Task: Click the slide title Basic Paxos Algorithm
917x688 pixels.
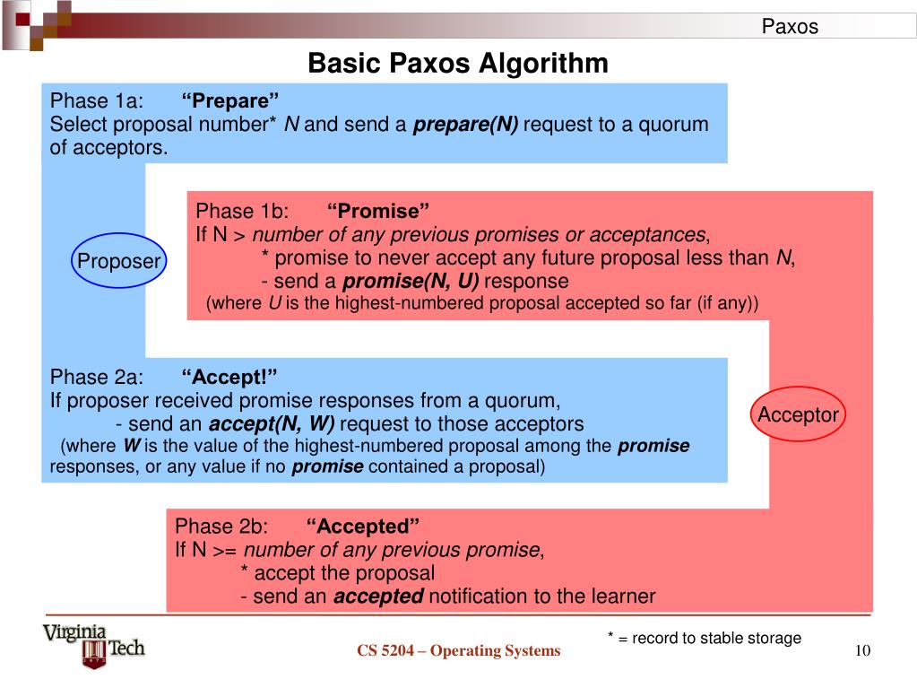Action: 458,64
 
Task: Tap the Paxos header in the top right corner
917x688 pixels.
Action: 790,27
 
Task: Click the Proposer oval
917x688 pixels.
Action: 118,261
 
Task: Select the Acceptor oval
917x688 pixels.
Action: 798,414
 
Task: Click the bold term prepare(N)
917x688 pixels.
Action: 465,124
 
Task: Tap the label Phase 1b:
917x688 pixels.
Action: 242,212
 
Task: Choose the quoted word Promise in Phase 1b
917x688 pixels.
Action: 378,212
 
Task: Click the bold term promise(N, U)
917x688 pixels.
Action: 420,282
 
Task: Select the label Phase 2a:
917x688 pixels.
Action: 97,376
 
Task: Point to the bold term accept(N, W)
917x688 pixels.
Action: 272,423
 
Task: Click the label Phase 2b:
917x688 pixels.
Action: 221,526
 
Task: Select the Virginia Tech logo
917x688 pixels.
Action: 93,646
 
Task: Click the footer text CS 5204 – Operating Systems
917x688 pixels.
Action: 458,651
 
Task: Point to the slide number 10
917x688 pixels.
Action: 863,650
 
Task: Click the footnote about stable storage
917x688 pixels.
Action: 704,638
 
